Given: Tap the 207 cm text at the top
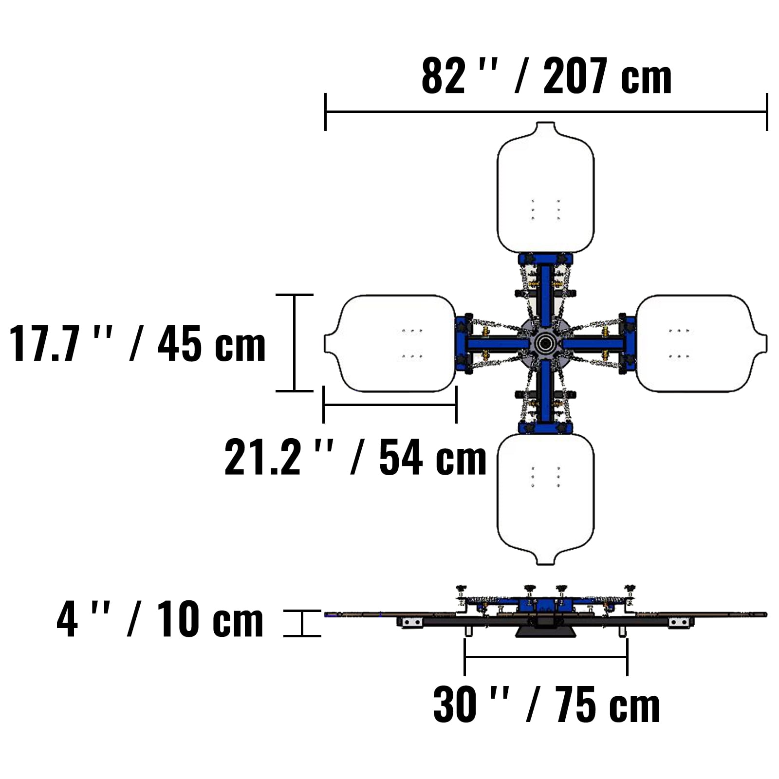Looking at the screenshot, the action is (607, 76).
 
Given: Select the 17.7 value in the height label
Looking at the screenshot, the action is (44, 343).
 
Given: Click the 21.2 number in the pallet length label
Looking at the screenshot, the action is (262, 457).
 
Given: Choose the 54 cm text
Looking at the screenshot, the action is (433, 457).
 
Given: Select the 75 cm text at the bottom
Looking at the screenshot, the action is (607, 705).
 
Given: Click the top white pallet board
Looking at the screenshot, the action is (545, 187).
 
